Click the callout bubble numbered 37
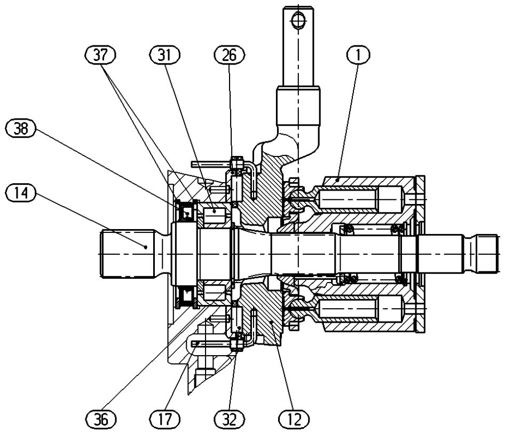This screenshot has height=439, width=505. coord(100,55)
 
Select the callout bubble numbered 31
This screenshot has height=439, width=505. coord(164,55)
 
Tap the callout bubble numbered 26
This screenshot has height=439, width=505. coord(230,55)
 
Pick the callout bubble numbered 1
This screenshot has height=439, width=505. coord(358,55)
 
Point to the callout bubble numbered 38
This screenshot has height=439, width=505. coord(21,129)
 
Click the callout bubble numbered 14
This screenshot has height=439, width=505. coord(21,193)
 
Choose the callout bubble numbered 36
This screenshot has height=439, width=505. coord(101,420)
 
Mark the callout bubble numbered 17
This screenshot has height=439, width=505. coord(164,420)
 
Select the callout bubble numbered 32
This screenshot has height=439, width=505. coord(230,420)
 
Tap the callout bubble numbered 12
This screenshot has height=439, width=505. coord(294,420)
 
